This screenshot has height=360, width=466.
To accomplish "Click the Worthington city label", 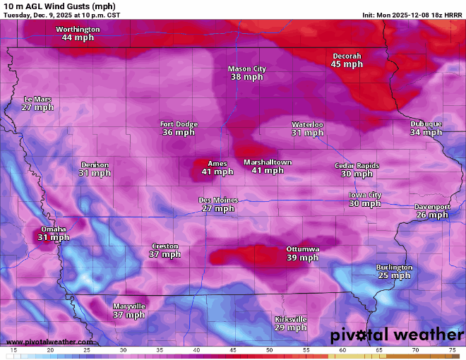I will coord(78,29).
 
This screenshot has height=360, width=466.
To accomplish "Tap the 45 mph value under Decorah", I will coord(347,64).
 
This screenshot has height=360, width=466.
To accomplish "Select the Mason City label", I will coord(246,68).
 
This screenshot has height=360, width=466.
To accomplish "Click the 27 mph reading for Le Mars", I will coord(37,108).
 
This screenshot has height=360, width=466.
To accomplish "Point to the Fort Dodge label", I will coord(179,124).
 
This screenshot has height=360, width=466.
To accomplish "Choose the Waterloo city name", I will coord(307,124).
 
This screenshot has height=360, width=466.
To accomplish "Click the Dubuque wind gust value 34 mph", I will coord(426,133).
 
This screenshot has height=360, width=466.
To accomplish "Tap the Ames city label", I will coord(217,164).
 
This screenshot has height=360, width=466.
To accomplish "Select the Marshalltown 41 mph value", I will coord(268,171).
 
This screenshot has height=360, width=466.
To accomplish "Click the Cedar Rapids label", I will coord(357,165).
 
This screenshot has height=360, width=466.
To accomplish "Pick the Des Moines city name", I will coord(217,200).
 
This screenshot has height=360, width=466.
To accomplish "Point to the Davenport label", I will coord(432,207).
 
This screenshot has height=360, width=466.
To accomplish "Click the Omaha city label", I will coord(53,229).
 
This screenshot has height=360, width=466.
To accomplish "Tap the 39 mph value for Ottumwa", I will coord(302,258).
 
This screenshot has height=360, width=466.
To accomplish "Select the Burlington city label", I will coord(394,268).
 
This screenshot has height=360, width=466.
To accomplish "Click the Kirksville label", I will coord(290,319).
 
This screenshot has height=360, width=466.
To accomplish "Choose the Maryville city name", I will coord(129,306).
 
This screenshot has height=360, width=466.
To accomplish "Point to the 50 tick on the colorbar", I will coord(269,350).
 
